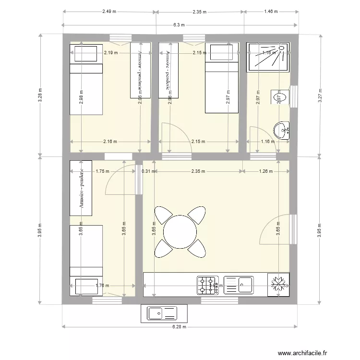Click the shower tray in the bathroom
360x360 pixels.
(x=268, y=56)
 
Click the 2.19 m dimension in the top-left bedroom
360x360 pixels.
(x=111, y=53)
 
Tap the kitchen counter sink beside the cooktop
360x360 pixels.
(x=239, y=285)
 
